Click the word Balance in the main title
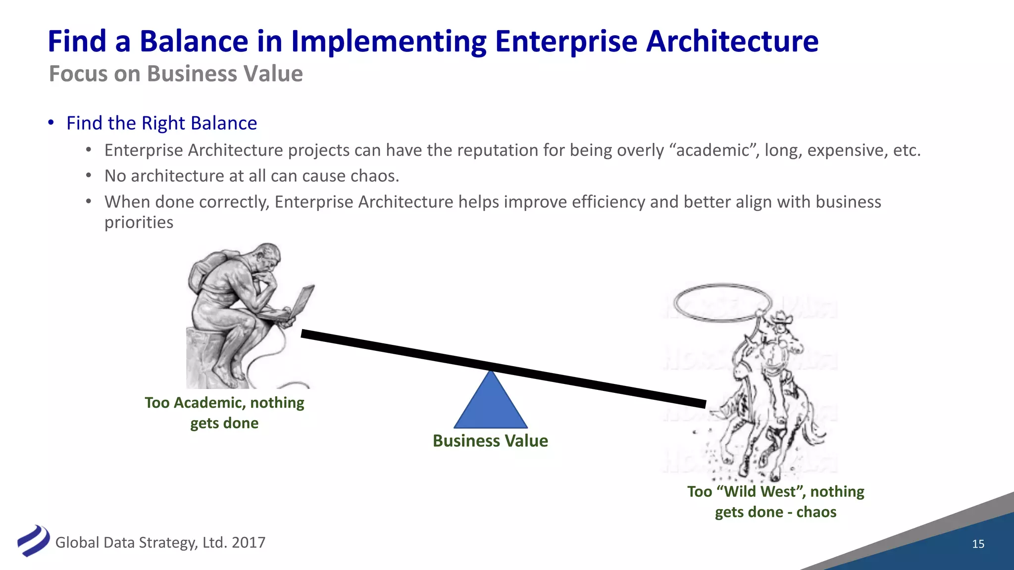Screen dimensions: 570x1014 (x=194, y=41)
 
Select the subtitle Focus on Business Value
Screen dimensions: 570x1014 (x=176, y=74)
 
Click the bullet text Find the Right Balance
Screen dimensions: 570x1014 (x=161, y=123)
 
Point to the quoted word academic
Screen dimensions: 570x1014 (x=712, y=150)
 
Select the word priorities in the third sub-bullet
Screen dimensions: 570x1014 (x=139, y=222)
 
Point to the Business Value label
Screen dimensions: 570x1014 (x=490, y=441)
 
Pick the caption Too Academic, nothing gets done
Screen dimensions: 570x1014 (x=224, y=413)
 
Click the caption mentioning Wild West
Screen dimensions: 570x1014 (x=775, y=501)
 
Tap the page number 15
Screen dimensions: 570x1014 (x=978, y=544)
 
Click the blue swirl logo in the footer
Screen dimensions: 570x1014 (x=33, y=541)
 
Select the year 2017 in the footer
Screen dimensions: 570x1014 (x=249, y=543)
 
